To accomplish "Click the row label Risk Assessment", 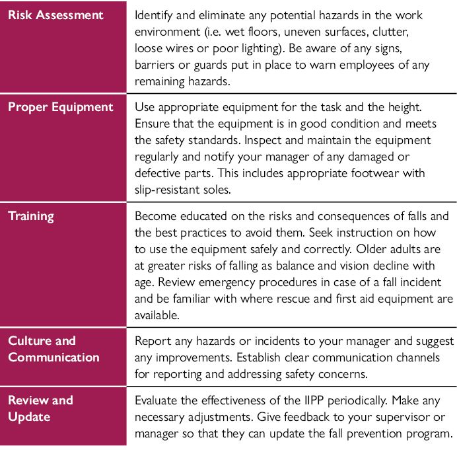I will tap(57, 14).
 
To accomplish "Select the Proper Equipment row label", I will tap(61, 107).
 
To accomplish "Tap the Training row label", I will tap(31, 215).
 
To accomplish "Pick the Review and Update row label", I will tap(41, 408).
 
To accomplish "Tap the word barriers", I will tap(155, 65).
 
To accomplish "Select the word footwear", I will tap(379, 173).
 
